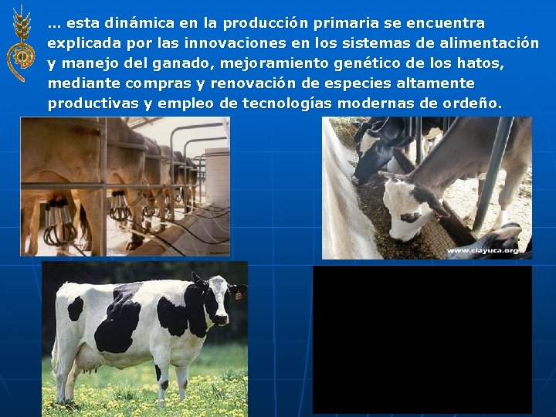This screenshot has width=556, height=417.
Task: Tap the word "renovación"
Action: click(x=233, y=83)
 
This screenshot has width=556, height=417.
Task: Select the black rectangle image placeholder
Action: click(x=422, y=339)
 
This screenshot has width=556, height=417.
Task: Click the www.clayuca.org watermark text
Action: click(x=484, y=251)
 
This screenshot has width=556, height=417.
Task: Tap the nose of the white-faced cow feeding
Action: click(x=396, y=232)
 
